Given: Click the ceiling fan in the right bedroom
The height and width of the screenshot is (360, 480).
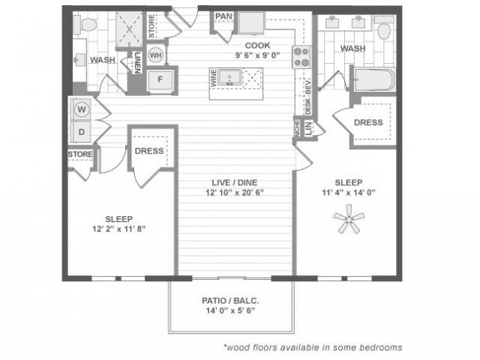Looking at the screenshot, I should point(348,221).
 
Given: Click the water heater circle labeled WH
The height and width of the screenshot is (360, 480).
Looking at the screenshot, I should point(156,55).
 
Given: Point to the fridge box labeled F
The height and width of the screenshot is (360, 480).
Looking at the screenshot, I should point(160,81).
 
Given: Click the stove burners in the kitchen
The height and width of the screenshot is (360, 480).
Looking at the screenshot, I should point(301,57).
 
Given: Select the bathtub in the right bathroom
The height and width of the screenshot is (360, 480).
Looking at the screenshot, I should point(374,80).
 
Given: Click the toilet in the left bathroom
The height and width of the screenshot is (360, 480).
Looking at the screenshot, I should point(89,23).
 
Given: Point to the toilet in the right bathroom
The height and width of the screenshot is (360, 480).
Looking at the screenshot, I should point(385,30).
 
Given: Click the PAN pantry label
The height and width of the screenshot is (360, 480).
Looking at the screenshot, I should point(223,16).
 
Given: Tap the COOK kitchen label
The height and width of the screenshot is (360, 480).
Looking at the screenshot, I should point(258,45).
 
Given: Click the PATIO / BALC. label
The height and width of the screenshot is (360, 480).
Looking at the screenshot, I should point(231,301).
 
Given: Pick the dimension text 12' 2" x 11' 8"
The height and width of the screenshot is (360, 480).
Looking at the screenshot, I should point(118,228).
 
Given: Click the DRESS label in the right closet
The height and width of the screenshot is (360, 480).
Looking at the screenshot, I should point(368,122).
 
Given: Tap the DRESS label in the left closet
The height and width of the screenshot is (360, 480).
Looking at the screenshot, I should point(149,151).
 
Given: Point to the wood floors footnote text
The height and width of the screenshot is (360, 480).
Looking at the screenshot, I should point(313,347).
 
